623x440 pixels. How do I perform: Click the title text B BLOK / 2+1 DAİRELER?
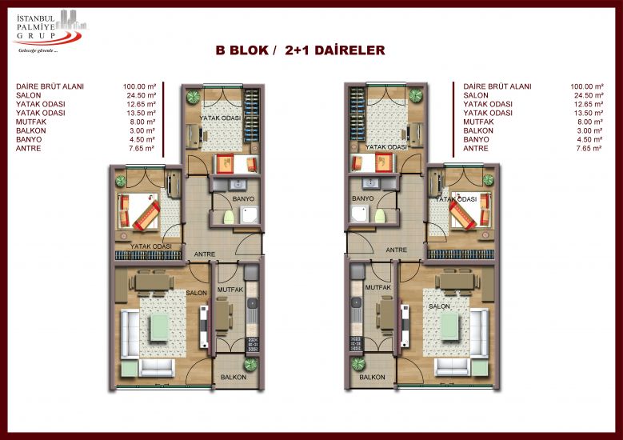point(301,50)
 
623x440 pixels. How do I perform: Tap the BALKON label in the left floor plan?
point(234,377)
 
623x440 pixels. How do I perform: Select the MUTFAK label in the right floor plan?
point(377,287)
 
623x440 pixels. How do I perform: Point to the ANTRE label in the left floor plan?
point(205,254)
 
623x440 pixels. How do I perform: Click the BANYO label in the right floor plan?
point(363,198)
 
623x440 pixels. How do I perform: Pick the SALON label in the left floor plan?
point(196,293)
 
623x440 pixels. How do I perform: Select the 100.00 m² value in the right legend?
point(587,86)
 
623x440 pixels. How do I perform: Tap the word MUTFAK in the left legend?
point(31,122)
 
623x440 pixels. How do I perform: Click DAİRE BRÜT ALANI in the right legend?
point(497,86)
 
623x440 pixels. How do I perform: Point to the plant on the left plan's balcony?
point(250,364)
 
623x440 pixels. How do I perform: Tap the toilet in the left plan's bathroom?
point(228,217)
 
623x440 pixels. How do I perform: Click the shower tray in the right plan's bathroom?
point(361,214)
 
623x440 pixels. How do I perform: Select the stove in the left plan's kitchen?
point(252,344)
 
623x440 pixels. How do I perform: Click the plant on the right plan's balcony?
point(358,364)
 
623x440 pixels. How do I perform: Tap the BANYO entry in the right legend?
point(476,139)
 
